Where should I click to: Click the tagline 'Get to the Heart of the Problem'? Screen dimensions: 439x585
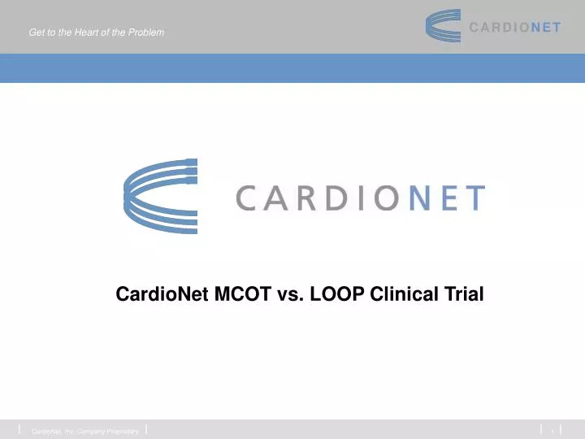[96, 33]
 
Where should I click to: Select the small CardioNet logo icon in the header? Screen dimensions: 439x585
[444, 26]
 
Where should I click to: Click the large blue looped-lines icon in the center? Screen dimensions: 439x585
[159, 196]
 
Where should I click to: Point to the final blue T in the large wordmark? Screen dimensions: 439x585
[473, 198]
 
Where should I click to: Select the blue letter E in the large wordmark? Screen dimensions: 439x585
[445, 198]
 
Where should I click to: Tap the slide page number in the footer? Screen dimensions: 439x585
[552, 429]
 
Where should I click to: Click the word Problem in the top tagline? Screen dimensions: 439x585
[147, 33]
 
